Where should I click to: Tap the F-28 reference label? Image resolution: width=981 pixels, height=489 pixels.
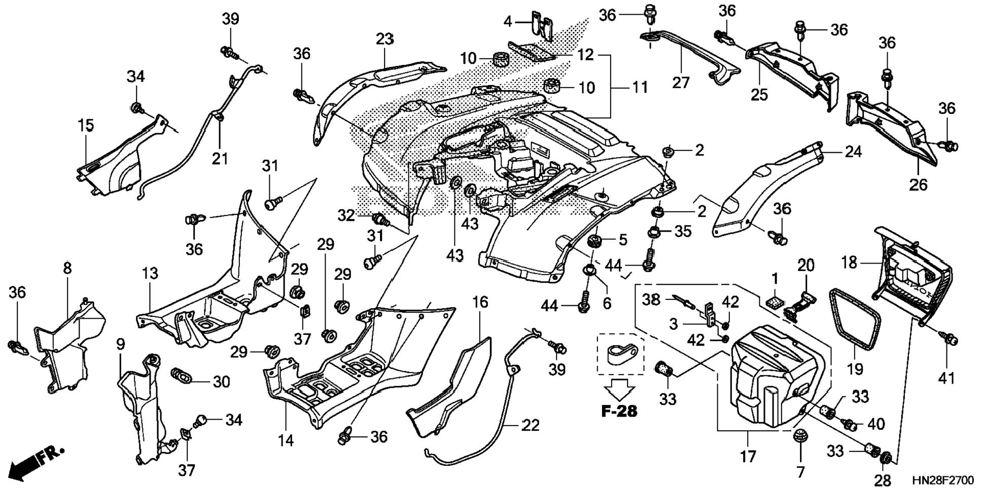619,411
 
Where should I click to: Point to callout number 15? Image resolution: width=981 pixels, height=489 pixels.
86,125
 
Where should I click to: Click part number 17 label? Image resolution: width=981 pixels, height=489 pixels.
748,457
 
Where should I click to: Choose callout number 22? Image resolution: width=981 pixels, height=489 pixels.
531,425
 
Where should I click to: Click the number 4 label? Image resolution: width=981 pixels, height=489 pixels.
508,22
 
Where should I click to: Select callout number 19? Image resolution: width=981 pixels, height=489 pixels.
855,369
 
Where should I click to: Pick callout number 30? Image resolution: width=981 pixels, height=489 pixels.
221,381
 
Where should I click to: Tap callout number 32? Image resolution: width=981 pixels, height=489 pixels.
347,216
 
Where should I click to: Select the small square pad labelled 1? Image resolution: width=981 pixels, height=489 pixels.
774,302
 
